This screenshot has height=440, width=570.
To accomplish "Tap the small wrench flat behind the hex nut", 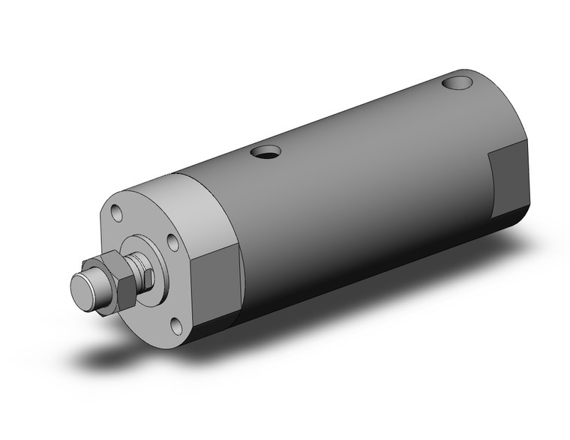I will (148, 279).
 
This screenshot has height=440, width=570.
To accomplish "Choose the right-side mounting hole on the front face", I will (172, 243).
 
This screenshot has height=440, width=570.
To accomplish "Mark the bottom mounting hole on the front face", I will (177, 325).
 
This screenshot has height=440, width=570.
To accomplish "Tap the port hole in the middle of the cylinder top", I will (265, 154).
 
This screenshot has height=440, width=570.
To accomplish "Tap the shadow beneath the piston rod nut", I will (112, 352).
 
